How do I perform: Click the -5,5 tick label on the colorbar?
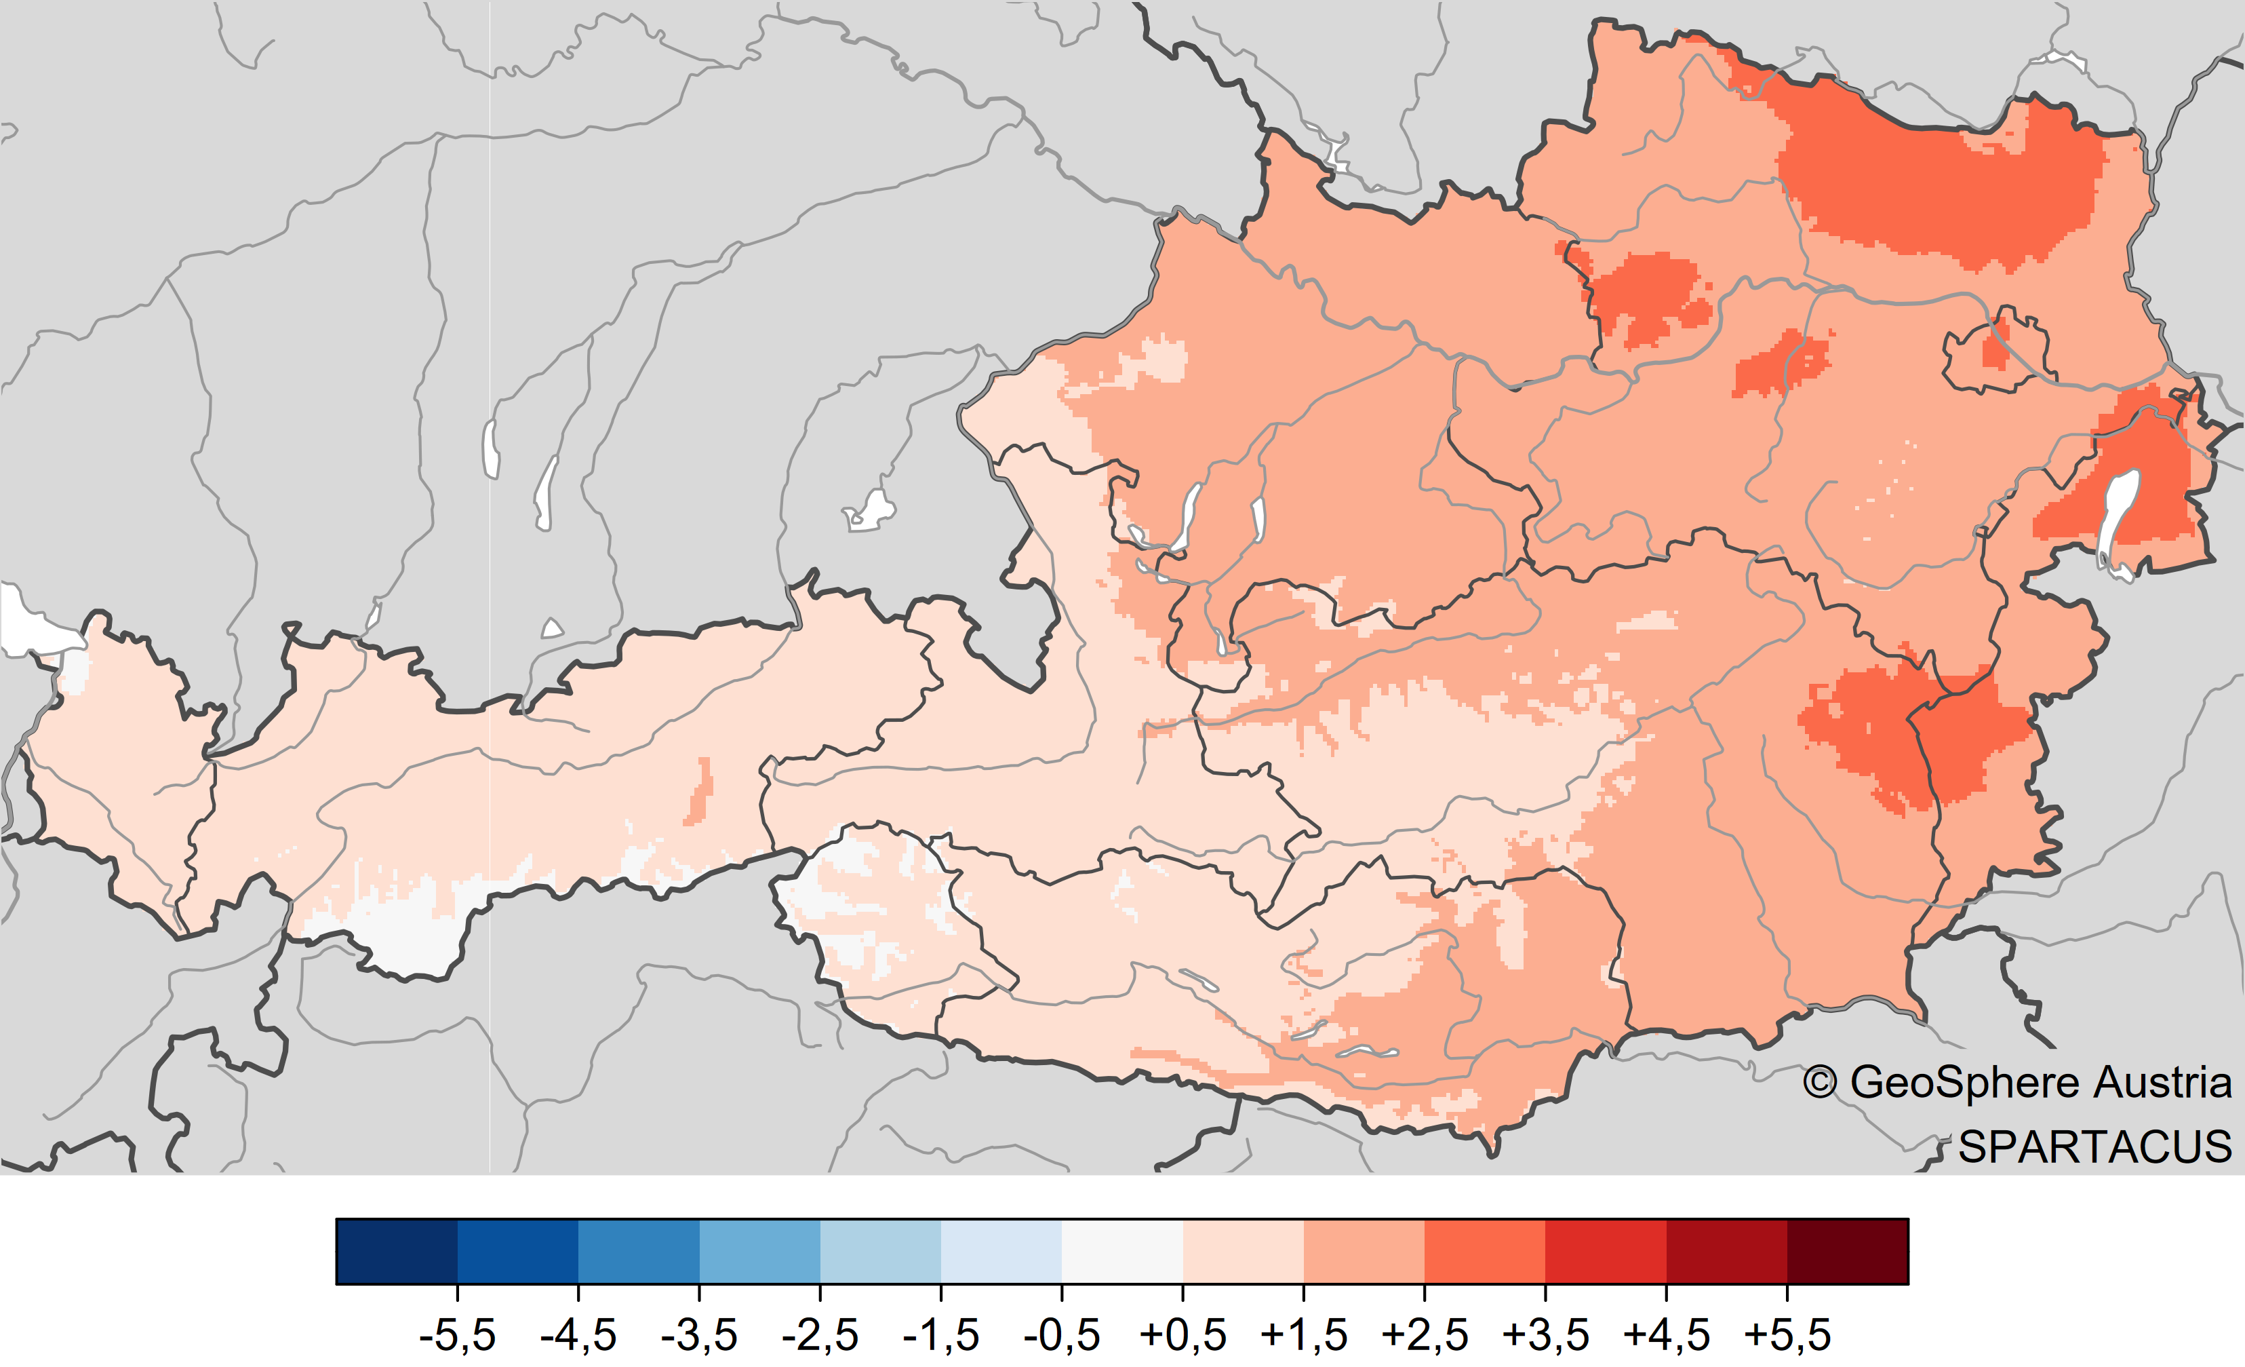coord(458,1335)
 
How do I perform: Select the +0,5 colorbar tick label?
coord(1183,1335)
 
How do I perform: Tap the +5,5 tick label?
coord(1787,1335)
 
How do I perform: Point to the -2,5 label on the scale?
coord(820,1335)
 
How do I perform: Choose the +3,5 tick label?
coord(1545,1335)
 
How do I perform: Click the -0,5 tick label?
coord(1061,1335)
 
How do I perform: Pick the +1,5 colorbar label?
coord(1304,1335)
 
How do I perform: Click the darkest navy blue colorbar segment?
coord(397,1251)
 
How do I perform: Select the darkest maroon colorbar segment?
coord(1848,1251)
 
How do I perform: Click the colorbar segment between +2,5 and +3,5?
coord(1485,1251)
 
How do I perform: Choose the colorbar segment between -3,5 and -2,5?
coord(760,1251)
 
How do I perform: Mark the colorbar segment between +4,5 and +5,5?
coord(1726,1251)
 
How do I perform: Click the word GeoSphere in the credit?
coord(1965,1083)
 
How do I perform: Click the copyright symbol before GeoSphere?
coord(1821,1083)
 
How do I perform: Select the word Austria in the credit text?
coord(2163,1083)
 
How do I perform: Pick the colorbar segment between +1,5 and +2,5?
coord(1364,1251)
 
